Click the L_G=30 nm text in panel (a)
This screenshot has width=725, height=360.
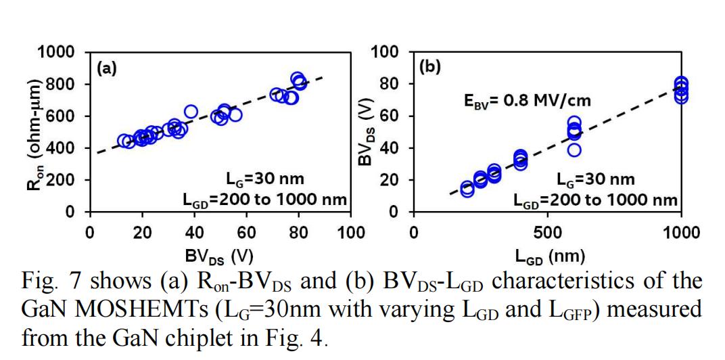tap(264, 179)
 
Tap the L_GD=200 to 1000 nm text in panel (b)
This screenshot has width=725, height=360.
tap(595, 200)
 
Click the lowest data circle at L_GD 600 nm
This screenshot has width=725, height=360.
tap(574, 150)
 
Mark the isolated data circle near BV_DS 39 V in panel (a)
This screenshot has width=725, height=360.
tap(191, 111)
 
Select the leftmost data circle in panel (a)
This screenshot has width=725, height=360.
tap(124, 141)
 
